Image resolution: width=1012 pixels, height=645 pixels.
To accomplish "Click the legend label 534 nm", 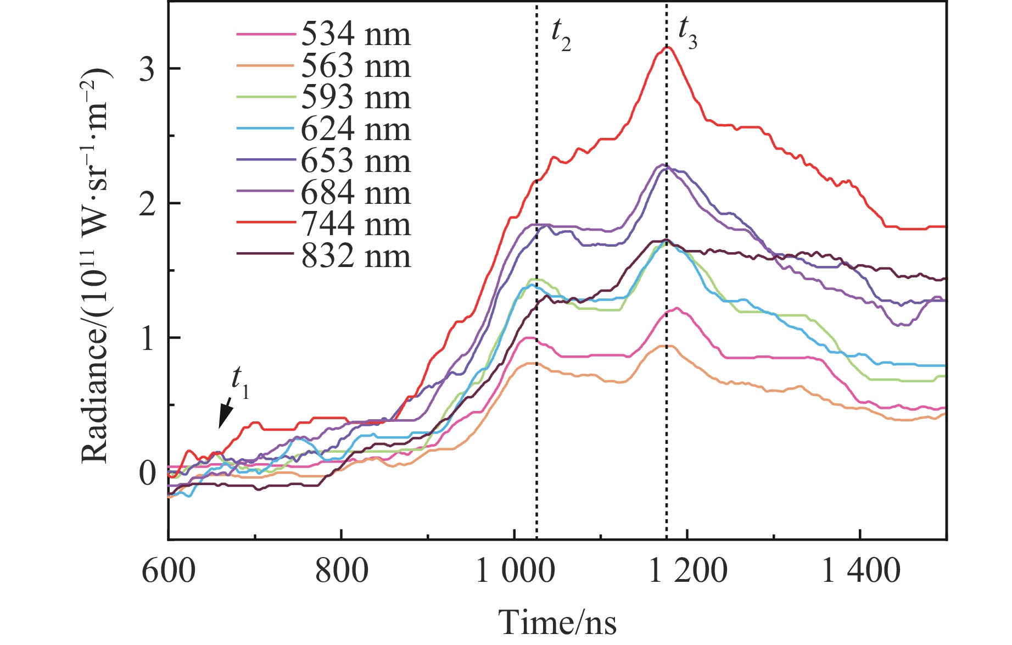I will click(355, 35).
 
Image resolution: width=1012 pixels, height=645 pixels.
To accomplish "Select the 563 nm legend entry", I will click(355, 66).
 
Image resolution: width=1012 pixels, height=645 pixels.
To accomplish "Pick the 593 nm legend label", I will click(355, 98).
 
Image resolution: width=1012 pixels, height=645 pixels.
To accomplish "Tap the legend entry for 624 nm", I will click(355, 130).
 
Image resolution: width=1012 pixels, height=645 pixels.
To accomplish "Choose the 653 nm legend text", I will click(355, 161).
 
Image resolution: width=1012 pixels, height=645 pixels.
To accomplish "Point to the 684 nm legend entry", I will click(355, 193).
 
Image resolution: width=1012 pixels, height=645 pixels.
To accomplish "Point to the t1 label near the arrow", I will click(240, 382).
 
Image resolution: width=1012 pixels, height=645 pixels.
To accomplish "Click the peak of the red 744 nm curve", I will click(667, 47).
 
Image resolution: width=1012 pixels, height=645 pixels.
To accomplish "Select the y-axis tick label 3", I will click(147, 69).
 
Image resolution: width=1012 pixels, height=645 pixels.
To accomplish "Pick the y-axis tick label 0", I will click(147, 473).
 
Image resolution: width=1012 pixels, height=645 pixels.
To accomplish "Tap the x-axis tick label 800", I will click(341, 570).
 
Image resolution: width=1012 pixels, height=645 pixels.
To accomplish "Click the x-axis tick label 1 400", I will click(860, 570).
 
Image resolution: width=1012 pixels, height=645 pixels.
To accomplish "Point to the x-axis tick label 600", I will click(169, 570).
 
